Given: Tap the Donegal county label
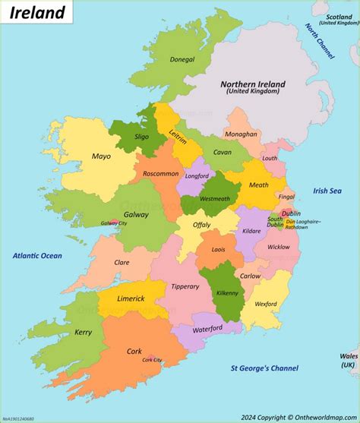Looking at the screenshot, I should [182, 58].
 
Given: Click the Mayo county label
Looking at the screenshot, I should [101, 156].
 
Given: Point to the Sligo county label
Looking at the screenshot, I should [142, 137].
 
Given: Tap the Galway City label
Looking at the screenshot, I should [115, 223].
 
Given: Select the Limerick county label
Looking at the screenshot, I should [131, 298].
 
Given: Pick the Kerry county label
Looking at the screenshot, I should [83, 332].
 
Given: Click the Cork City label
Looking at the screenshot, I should [152, 360].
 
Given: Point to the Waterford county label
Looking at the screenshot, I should [207, 329].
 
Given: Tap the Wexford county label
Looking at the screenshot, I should [265, 304].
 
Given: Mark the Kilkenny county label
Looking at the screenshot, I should [226, 292].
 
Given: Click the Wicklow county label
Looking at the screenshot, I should [279, 247].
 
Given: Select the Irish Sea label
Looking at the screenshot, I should [328, 191].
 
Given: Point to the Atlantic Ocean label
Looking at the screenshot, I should [37, 256].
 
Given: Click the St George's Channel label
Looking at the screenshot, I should [264, 368].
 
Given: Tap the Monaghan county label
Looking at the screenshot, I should [240, 134].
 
